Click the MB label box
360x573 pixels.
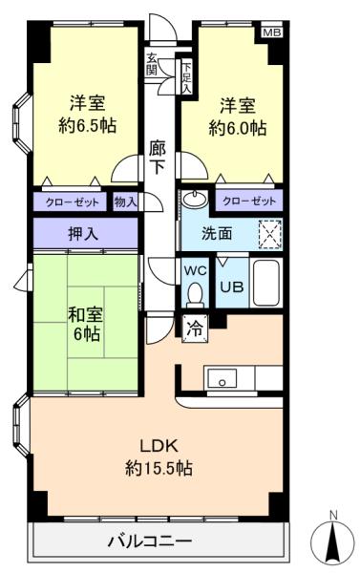point(273,33)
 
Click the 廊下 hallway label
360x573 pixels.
point(159,157)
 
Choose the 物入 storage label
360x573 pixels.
point(126,202)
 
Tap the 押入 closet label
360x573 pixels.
point(84,231)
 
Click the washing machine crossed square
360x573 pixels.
point(269,231)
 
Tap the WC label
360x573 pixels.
point(195,269)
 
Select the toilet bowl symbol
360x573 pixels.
point(196,291)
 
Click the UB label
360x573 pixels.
point(231,285)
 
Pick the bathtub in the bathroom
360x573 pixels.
point(265,283)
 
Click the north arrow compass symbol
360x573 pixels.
point(332,541)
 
